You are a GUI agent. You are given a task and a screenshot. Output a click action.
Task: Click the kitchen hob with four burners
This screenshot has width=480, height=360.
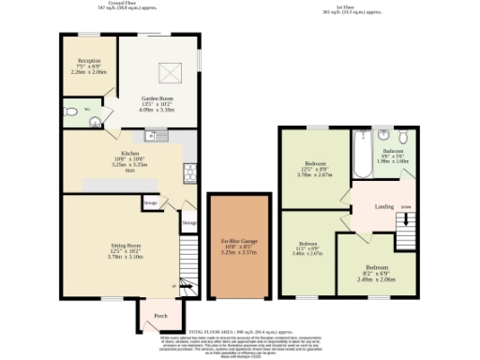(188, 171)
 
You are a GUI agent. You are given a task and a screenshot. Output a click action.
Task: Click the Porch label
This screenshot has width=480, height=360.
(160, 314)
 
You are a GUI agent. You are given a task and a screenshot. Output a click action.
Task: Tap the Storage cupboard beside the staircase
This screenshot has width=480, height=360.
(188, 223)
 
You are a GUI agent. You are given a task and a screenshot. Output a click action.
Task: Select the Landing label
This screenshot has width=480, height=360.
(383, 206)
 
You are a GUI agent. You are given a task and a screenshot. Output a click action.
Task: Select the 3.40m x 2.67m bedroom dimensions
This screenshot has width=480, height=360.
(307, 252)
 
